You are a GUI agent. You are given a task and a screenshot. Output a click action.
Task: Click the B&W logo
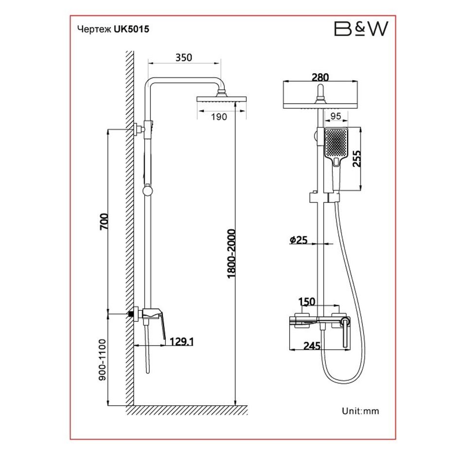tap(360, 29)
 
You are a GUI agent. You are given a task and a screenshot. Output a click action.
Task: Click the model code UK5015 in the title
tap(131, 29)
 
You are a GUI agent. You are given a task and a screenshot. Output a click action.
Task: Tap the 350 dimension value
tap(183, 57)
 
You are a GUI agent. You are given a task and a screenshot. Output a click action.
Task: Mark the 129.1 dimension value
tap(182, 342)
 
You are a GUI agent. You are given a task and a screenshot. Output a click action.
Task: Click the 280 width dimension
tap(320, 77)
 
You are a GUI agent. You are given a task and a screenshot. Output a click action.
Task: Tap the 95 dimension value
tap(335, 116)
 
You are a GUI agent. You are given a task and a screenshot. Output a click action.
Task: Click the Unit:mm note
tap(360, 411)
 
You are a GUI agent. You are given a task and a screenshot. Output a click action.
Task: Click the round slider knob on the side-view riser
tap(146, 191)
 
